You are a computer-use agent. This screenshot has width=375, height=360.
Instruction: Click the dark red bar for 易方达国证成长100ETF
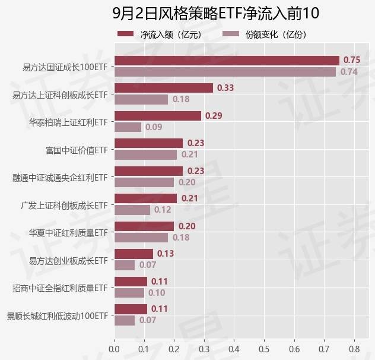point(226,60)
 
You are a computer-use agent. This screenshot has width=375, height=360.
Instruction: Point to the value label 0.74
point(348,72)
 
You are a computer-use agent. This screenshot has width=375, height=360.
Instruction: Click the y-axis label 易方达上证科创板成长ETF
point(60,94)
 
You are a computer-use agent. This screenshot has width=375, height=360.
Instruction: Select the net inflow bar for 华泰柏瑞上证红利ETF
point(157,116)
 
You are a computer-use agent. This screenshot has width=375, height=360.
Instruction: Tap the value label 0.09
point(154,127)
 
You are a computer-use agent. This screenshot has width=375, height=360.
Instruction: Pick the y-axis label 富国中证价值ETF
point(76,149)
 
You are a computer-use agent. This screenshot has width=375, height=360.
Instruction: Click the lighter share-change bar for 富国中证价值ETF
point(145,154)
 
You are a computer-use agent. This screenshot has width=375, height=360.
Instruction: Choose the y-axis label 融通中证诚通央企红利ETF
point(60,177)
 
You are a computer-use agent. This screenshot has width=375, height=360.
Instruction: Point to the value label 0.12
point(163,210)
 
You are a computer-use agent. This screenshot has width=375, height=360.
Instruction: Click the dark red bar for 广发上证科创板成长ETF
point(145,198)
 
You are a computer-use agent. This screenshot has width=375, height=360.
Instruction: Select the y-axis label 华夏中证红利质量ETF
point(68,232)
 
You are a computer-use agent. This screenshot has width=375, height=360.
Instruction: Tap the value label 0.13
point(166,254)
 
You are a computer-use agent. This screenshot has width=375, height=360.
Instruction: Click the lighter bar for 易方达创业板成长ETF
point(125,265)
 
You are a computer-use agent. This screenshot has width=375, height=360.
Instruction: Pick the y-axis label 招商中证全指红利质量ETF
point(60,288)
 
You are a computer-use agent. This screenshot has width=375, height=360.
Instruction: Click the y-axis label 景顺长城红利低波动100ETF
point(57,315)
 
